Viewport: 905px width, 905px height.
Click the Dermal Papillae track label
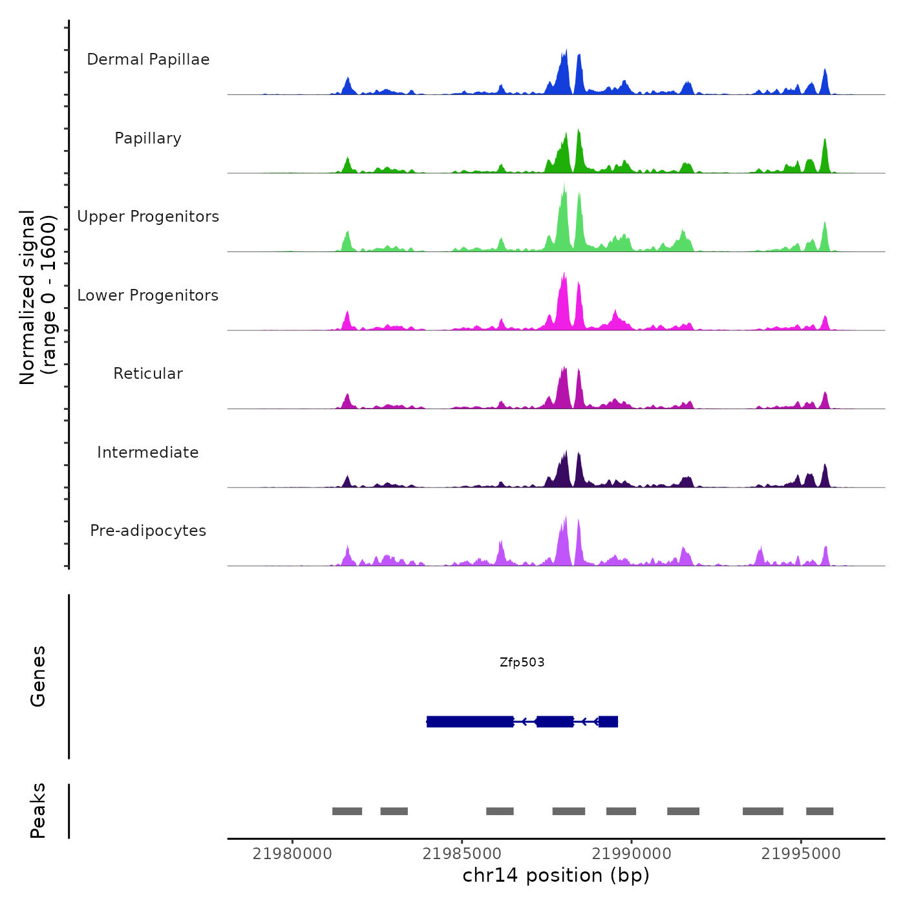click(x=148, y=59)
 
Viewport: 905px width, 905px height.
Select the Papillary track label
click(x=148, y=138)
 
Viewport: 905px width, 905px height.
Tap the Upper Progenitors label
click(x=148, y=217)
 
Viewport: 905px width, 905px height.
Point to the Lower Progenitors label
click(x=148, y=295)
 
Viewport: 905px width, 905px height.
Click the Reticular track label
click(x=148, y=374)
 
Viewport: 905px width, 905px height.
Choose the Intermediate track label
click(x=148, y=452)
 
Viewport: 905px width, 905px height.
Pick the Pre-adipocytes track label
click(x=148, y=531)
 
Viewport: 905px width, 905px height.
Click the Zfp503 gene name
click(x=522, y=662)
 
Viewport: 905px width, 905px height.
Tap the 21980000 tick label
click(x=292, y=854)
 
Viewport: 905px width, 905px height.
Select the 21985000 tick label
click(x=462, y=854)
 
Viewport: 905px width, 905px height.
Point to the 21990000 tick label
click(x=632, y=854)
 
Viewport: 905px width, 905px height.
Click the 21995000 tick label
click(x=801, y=854)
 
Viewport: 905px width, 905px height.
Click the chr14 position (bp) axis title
click(x=556, y=875)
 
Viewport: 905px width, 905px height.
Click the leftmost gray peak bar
click(x=347, y=811)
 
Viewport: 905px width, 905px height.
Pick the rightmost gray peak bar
click(x=820, y=811)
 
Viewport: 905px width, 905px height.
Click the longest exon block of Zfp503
click(x=470, y=721)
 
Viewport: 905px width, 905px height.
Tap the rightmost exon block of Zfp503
click(x=608, y=721)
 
